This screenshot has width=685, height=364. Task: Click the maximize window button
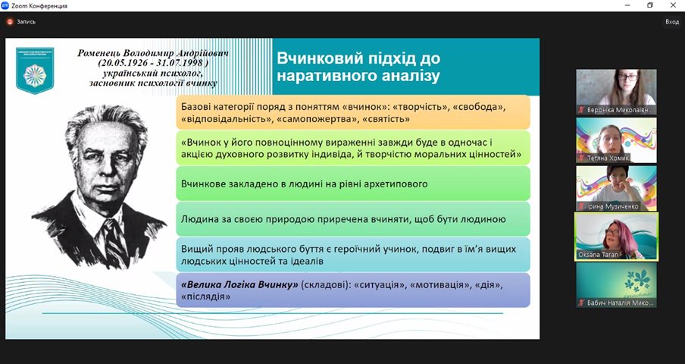click(x=649, y=5)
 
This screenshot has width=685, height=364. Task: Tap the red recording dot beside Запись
click(x=9, y=22)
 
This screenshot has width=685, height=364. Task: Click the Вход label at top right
click(x=671, y=22)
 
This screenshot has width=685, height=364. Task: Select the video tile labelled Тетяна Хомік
click(x=616, y=140)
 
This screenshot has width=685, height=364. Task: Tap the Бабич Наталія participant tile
click(x=616, y=285)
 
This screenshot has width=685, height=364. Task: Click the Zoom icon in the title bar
click(x=5, y=5)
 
